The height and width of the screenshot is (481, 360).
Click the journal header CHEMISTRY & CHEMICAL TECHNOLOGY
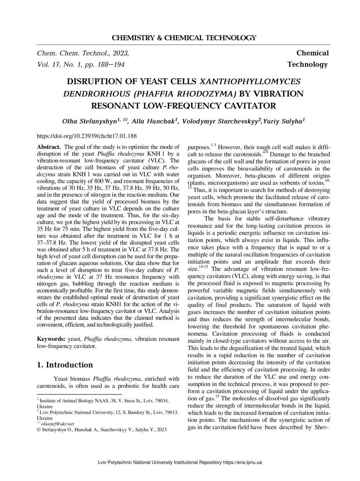click(184, 38)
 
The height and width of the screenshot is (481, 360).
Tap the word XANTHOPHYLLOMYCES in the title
click(250, 82)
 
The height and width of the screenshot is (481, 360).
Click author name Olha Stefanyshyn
click(90, 121)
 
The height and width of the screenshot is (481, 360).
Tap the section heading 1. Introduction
click(65, 365)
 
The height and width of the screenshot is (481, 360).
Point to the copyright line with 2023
click(99, 430)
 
